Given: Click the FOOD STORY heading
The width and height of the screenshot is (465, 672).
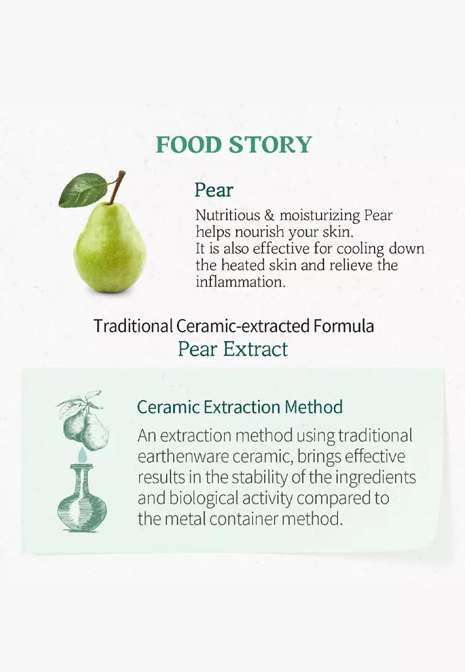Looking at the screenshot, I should (234, 145).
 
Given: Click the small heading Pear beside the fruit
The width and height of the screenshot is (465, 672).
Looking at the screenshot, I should (214, 190).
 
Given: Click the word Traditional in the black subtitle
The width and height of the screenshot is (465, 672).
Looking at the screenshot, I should (133, 326).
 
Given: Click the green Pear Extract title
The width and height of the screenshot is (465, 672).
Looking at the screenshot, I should (232, 349).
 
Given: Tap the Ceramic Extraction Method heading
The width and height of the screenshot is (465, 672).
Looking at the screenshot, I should (240, 407).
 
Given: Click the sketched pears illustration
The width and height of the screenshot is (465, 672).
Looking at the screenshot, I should (84, 420).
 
